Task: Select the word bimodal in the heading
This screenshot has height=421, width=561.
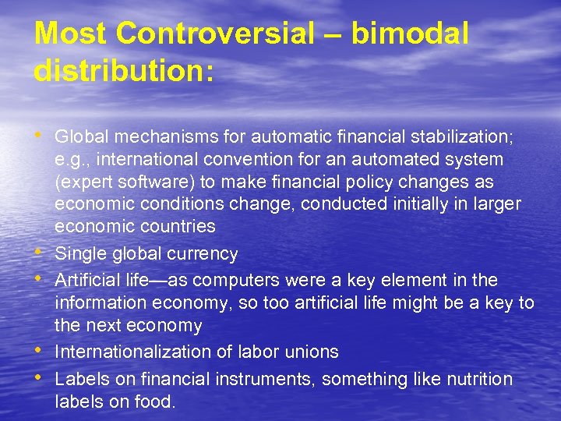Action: (410, 34)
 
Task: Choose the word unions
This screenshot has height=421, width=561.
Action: (314, 352)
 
